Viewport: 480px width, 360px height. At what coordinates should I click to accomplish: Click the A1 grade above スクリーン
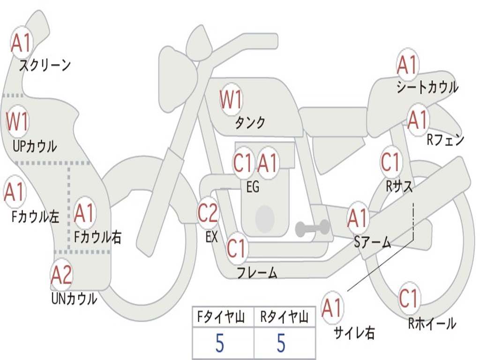(x=21, y=43)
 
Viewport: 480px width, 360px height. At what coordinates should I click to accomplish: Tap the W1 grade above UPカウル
(x=17, y=121)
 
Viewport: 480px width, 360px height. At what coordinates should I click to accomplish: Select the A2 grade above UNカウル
(x=61, y=275)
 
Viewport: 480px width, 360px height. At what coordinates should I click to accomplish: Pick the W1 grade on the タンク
(x=231, y=99)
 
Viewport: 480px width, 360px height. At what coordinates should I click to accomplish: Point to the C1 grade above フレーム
(x=236, y=248)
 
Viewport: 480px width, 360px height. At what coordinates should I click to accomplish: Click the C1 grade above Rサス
(x=390, y=162)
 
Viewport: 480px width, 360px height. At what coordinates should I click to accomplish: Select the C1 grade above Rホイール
(x=408, y=298)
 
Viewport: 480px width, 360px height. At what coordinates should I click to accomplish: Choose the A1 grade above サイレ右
(x=332, y=308)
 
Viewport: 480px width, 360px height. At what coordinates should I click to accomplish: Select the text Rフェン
(x=445, y=140)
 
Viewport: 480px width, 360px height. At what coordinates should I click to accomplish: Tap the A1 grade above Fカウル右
(x=84, y=214)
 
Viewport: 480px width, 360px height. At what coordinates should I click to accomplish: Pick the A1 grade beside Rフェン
(x=417, y=120)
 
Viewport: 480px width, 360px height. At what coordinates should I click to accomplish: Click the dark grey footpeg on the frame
(x=312, y=228)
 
